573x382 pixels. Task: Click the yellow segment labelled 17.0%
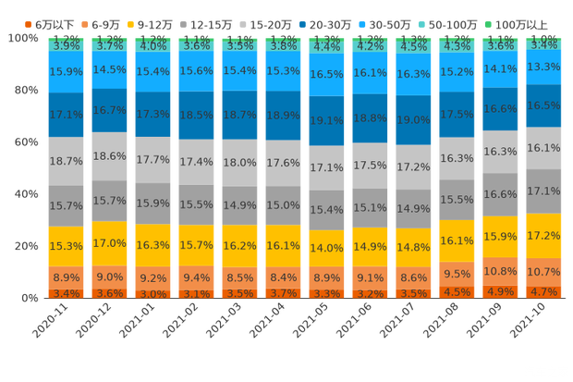(x=110, y=243)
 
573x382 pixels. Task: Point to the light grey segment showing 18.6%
(x=110, y=156)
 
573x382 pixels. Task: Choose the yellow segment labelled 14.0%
(x=327, y=248)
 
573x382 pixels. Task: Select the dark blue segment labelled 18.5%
(x=197, y=115)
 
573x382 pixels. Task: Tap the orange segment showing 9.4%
(x=197, y=277)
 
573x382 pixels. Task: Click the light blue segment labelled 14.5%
(x=110, y=69)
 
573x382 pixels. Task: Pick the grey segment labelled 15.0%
(x=284, y=205)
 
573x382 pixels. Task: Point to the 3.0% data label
(x=153, y=294)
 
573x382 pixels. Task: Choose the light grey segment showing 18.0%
(x=240, y=162)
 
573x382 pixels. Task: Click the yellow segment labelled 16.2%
(x=240, y=246)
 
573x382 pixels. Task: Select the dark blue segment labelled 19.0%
(x=414, y=120)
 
